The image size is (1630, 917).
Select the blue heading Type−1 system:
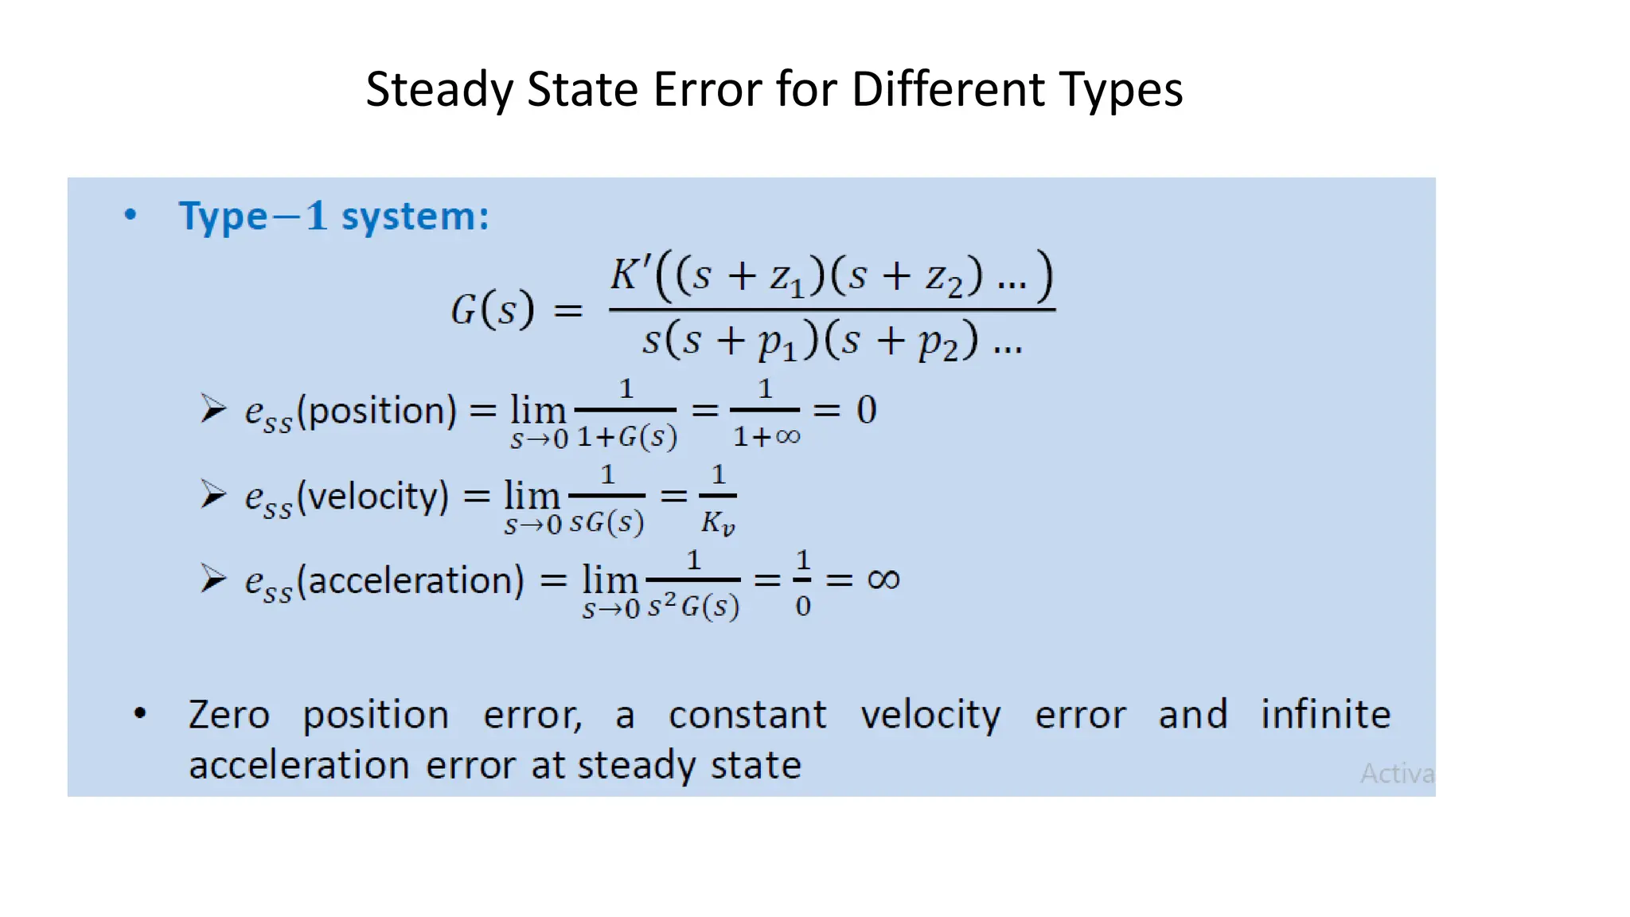click(x=333, y=217)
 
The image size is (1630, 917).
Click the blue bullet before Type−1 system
click(x=131, y=214)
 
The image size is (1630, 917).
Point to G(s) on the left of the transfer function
click(x=492, y=309)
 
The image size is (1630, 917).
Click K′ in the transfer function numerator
click(x=630, y=275)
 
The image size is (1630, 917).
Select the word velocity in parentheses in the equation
click(x=377, y=497)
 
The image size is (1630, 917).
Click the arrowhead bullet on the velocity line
click(x=213, y=494)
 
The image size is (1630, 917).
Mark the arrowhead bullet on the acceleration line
click(x=213, y=579)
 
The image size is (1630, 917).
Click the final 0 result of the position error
click(x=866, y=410)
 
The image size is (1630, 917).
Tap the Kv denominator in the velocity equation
click(x=717, y=523)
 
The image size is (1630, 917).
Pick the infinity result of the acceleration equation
click(x=883, y=579)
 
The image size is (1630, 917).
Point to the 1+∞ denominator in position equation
click(x=766, y=436)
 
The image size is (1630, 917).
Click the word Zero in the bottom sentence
click(x=229, y=715)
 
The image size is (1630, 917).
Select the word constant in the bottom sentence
click(x=747, y=715)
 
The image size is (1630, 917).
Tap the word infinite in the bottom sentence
click(x=1325, y=714)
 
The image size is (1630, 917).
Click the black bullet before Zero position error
click(x=140, y=713)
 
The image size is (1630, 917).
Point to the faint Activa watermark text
click(x=1396, y=773)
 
